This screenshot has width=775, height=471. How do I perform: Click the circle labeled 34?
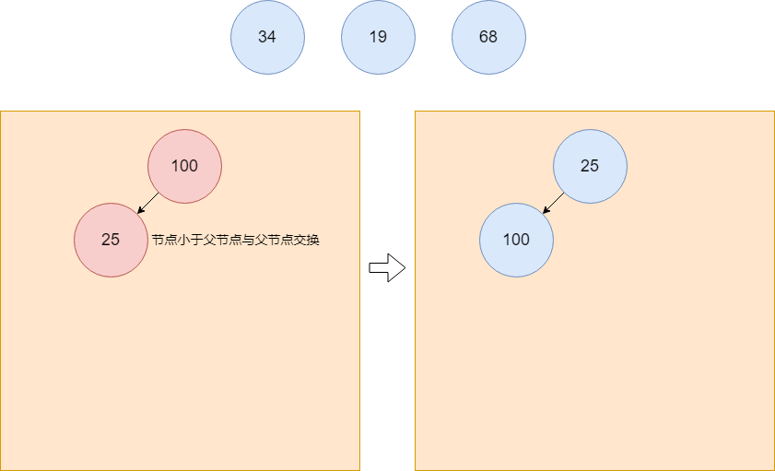coord(267,37)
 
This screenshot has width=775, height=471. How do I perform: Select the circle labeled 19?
coord(378,37)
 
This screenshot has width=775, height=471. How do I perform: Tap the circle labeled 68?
coord(488,37)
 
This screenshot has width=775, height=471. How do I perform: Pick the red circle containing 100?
coord(184,166)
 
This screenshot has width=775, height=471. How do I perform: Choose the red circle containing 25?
coord(111,240)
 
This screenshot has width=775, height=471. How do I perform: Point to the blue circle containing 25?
coord(590,166)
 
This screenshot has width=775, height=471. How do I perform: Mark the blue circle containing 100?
coord(516,240)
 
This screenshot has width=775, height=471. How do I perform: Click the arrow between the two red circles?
coord(148,203)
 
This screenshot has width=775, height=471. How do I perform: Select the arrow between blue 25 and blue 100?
coord(554,203)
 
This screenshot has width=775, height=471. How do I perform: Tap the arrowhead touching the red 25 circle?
coord(140,211)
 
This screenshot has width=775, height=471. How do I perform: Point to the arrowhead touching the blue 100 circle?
coord(546,211)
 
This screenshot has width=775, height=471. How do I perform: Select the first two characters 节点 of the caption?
coord(163,240)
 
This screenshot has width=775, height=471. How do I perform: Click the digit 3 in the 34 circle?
coord(263,37)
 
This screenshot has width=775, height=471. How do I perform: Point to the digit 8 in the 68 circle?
coord(493,37)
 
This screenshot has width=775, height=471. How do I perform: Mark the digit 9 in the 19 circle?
coord(382,37)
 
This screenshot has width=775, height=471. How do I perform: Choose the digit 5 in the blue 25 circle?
coord(594,166)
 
